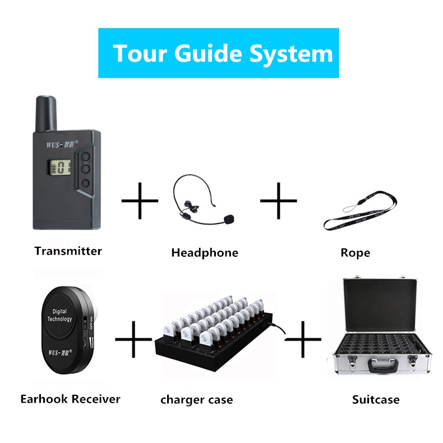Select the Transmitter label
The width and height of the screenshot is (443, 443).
click(x=68, y=251)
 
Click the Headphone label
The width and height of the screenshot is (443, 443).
click(x=204, y=253)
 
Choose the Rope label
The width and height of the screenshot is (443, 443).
click(x=355, y=253)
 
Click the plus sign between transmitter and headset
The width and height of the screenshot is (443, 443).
click(x=140, y=200)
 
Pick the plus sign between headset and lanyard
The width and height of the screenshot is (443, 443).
click(x=279, y=200)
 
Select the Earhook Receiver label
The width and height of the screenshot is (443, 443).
click(x=70, y=399)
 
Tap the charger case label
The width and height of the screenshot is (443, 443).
click(x=196, y=400)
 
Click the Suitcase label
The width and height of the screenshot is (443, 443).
click(x=376, y=400)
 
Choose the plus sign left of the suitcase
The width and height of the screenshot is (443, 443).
click(x=303, y=339)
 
